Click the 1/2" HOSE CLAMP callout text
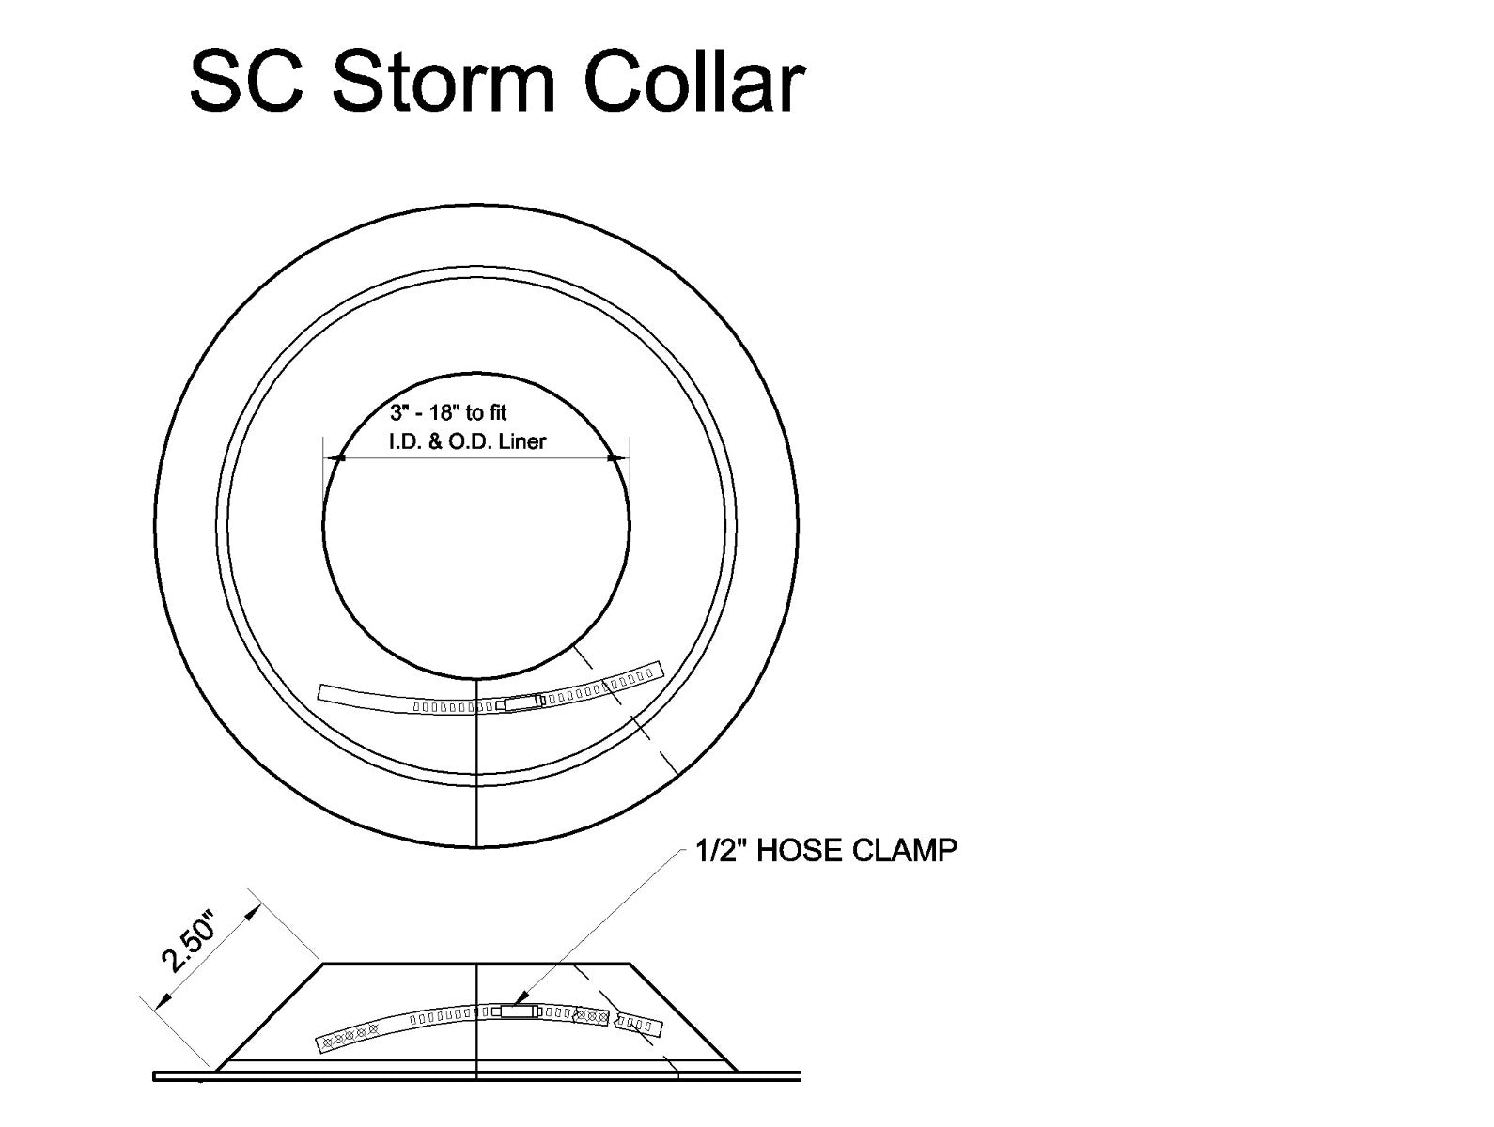826,851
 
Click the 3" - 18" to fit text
448,412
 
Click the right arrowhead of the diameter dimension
615,458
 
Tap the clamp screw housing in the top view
521,702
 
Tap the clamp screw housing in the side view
517,1011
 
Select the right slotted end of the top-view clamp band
639,674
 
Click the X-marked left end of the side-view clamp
350,1037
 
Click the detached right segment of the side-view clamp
639,1024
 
